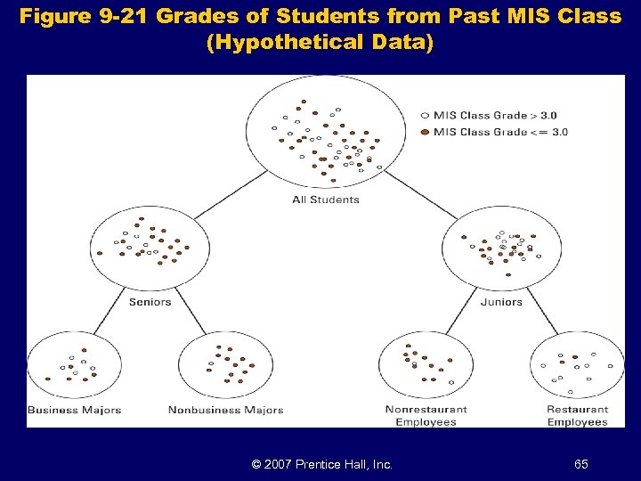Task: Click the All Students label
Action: tap(326, 200)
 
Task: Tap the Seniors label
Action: tap(150, 302)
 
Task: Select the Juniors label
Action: tap(501, 302)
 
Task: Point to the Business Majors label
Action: tap(74, 411)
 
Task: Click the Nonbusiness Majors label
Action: tap(226, 411)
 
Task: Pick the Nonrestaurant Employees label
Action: tap(426, 416)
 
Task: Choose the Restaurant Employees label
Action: tap(577, 416)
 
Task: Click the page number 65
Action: tap(580, 464)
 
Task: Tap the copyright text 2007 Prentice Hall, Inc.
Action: tap(322, 464)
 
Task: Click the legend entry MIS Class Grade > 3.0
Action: tap(495, 116)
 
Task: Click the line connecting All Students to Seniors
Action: tap(230, 193)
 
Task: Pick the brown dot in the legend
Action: tap(425, 132)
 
